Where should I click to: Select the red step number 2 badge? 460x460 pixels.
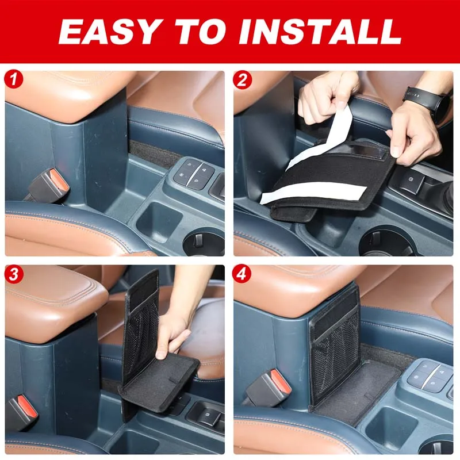tap(242, 79)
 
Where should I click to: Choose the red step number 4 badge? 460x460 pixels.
tap(242, 274)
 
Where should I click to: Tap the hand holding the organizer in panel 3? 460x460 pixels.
tap(172, 336)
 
